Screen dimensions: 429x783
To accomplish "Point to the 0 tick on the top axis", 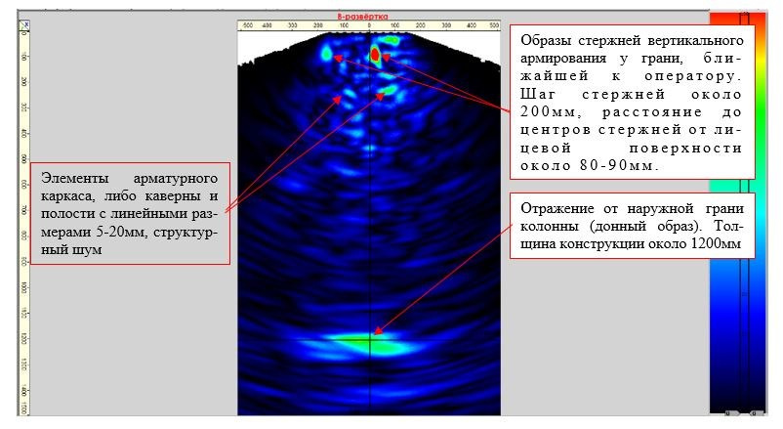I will (x=370, y=26).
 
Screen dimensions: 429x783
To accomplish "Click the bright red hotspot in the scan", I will (x=374, y=54).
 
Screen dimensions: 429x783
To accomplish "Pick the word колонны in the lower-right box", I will (x=550, y=226).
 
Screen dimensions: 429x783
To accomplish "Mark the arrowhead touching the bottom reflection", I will (x=374, y=336).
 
